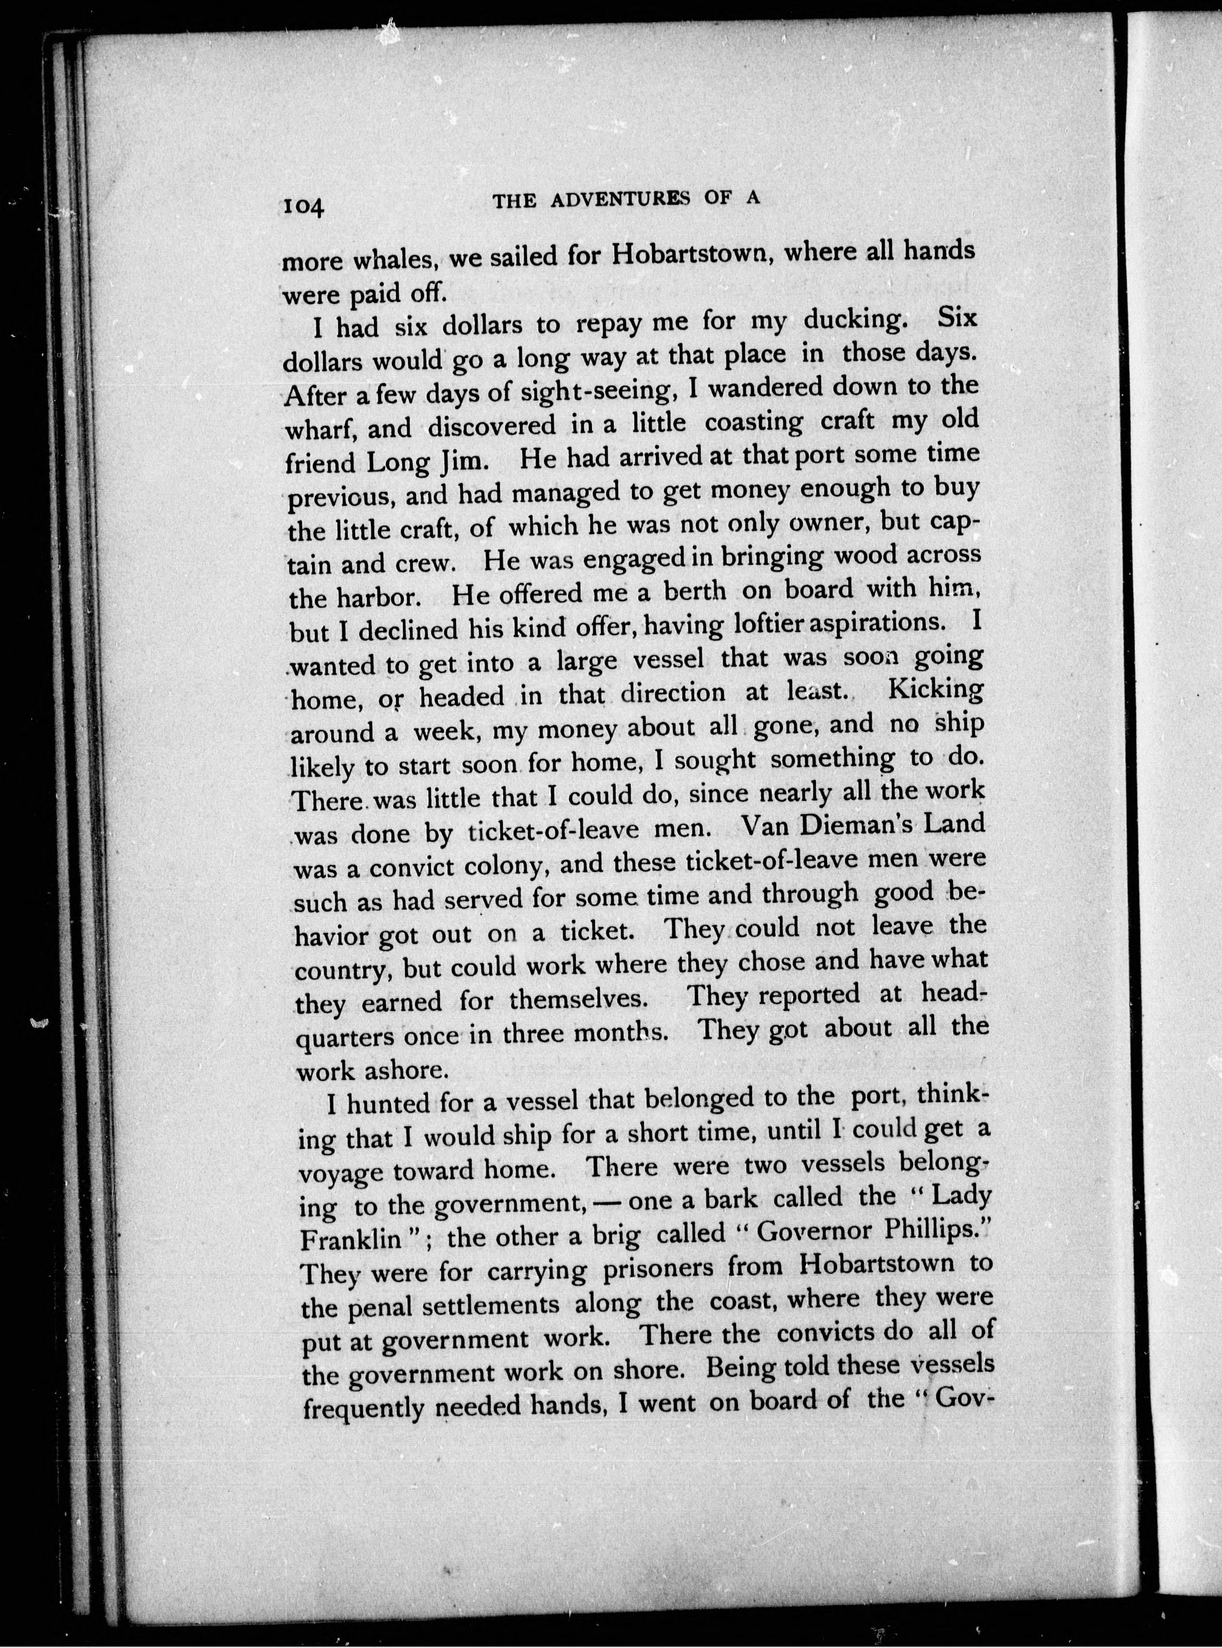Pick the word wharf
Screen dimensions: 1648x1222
coord(319,429)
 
